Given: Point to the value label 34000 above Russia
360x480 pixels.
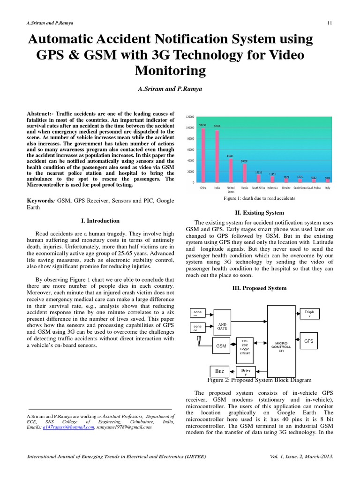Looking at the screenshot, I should pyautogui.click(x=244, y=161).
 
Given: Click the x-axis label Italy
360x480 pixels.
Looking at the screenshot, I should pyautogui.click(x=327, y=187).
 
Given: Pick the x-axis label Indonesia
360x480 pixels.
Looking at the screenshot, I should pyautogui.click(x=272, y=187).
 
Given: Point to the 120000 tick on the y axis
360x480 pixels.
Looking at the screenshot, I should pyautogui.click(x=190, y=116).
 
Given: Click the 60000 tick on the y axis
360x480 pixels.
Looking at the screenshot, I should pyautogui.click(x=190, y=150).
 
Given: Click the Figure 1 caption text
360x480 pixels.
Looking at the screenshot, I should pyautogui.click(x=259, y=199).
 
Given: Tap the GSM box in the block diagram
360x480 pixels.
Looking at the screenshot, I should pyautogui.click(x=221, y=346).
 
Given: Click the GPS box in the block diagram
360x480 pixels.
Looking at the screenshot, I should pyautogui.click(x=308, y=341).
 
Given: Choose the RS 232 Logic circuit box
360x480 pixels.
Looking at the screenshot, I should pyautogui.click(x=245, y=346).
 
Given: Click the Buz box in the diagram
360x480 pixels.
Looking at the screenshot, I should pyautogui.click(x=219, y=370).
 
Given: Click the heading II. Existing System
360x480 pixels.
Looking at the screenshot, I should pyautogui.click(x=259, y=212).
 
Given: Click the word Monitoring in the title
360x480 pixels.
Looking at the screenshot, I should pyautogui.click(x=171, y=70).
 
